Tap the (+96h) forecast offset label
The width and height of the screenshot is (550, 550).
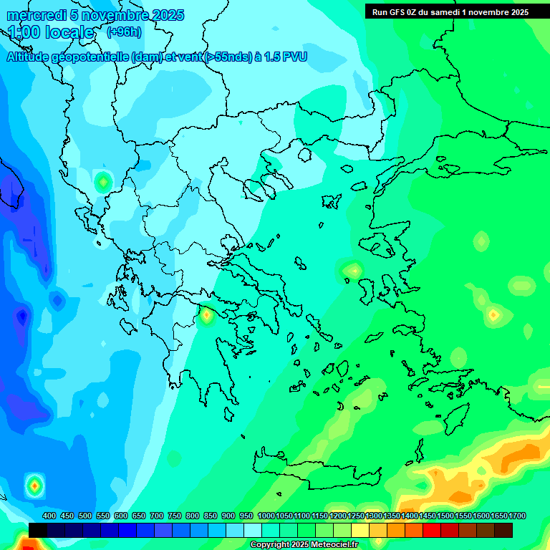pos(124,32)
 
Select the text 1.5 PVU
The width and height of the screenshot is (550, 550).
pos(286,57)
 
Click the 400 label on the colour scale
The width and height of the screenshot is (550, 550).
pos(49,516)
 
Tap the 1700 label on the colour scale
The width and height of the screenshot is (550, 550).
pos(518,516)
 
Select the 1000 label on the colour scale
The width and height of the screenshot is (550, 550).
pos(266,516)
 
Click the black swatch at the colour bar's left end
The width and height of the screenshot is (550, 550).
pos(38,530)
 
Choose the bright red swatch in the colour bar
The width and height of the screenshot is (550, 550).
pos(432,530)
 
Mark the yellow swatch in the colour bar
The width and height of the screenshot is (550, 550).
pos(360,530)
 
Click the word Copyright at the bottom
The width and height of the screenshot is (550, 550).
pos(270,545)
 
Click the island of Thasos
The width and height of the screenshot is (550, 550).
pos(304,154)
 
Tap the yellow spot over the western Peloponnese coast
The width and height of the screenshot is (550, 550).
pos(206,314)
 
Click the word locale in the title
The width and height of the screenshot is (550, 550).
pos(69,32)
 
